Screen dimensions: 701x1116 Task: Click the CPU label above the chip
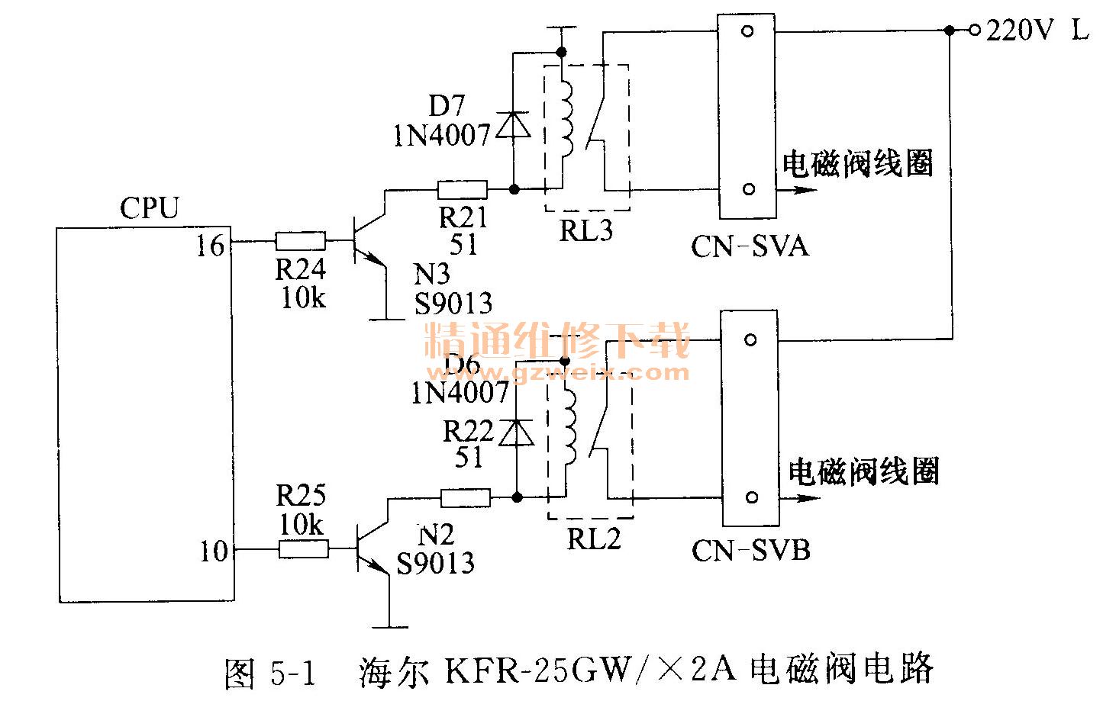click(x=149, y=208)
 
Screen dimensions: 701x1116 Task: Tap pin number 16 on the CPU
click(x=210, y=246)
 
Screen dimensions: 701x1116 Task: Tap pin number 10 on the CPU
click(x=214, y=551)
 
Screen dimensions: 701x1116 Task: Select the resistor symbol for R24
click(x=300, y=242)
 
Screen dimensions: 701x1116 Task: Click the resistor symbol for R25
click(x=304, y=548)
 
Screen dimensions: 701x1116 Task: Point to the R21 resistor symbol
click(x=462, y=189)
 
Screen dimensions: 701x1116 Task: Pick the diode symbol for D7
click(x=513, y=125)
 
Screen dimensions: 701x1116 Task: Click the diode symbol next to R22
click(x=516, y=433)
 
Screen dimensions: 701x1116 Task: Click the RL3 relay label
click(x=585, y=230)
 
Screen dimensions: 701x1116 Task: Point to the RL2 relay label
click(x=593, y=539)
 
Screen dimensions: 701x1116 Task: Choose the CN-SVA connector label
click(x=749, y=246)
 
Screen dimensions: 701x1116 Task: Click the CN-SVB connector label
click(x=750, y=550)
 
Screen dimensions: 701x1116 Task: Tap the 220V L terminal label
click(x=1037, y=31)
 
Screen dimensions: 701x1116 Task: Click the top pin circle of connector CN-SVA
click(x=747, y=31)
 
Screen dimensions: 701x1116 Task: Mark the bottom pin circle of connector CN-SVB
click(x=751, y=498)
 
